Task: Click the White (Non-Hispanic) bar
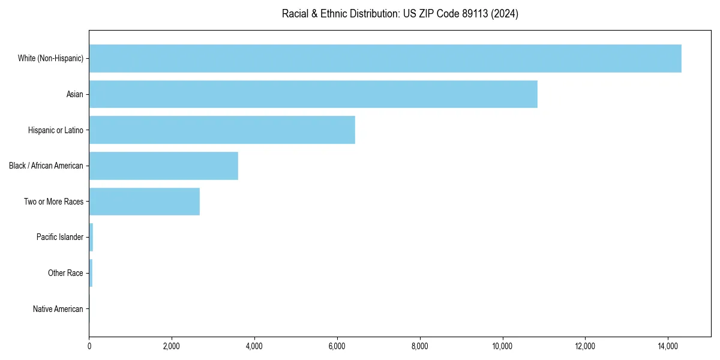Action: [385, 58]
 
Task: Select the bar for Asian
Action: [313, 94]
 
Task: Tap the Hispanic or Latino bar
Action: [222, 130]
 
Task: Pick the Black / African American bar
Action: [164, 166]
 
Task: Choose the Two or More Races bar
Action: [145, 202]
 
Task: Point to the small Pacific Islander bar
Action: [91, 238]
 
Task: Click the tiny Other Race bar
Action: [91, 273]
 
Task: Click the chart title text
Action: [400, 14]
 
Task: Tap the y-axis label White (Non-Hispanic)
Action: [50, 58]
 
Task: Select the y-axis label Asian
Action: [75, 94]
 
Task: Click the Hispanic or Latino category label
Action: [56, 130]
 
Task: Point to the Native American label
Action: [58, 309]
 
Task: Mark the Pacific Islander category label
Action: [60, 238]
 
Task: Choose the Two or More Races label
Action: [53, 202]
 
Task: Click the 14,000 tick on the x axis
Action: [668, 346]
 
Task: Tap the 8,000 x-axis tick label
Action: [420, 346]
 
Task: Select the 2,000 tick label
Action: [172, 346]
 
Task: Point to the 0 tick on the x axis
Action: [89, 346]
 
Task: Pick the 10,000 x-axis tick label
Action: [502, 346]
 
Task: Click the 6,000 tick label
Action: [337, 346]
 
